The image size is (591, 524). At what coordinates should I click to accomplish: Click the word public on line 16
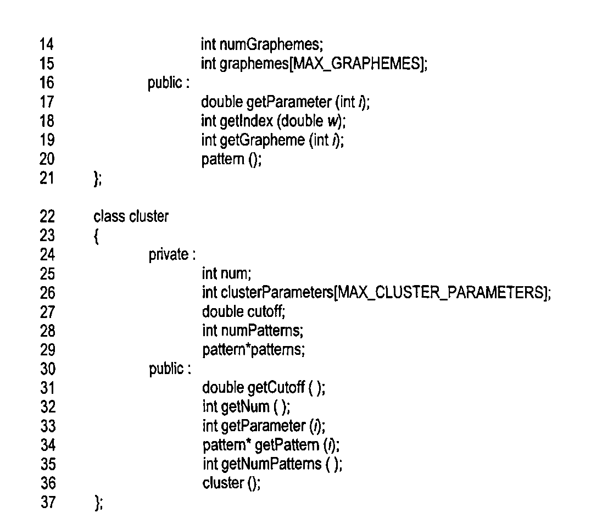click(165, 83)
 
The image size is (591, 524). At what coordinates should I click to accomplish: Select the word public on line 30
click(165, 369)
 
